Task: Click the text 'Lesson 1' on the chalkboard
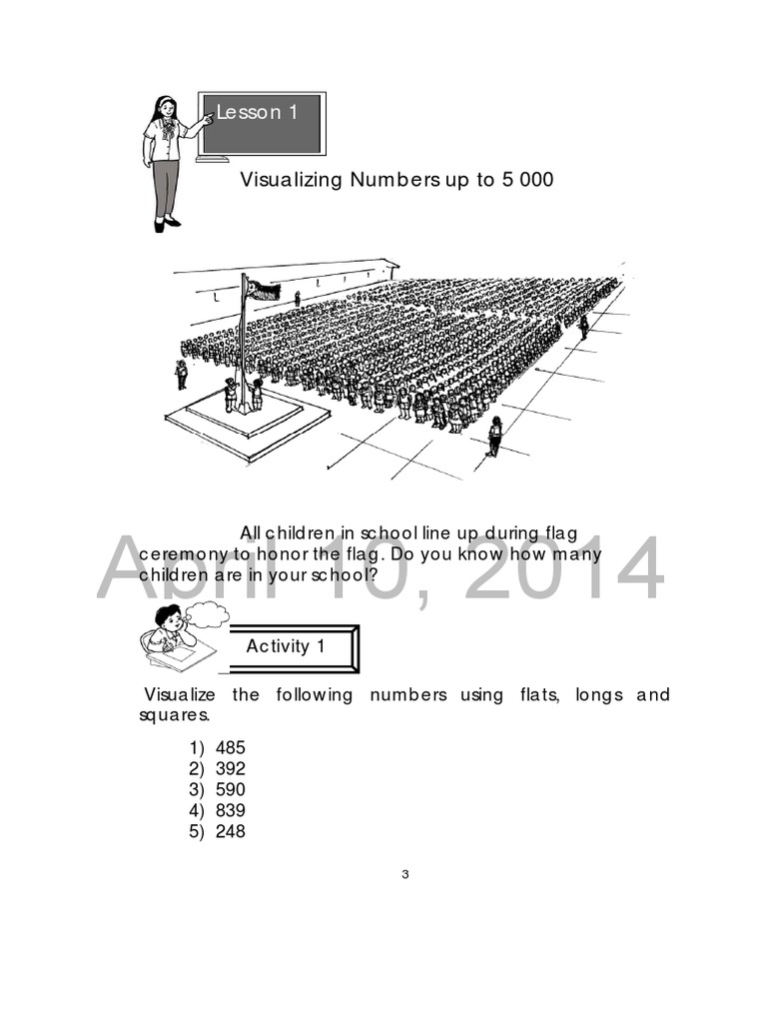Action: [258, 113]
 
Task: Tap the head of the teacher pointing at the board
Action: [165, 108]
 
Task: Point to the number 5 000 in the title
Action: [520, 180]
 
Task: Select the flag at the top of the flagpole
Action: [263, 290]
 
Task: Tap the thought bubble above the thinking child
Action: [207, 613]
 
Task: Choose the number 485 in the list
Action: [230, 747]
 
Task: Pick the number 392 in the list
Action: [230, 768]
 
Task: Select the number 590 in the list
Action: [230, 789]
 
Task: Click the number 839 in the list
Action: [230, 810]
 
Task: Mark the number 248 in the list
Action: [230, 831]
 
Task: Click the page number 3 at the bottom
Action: [405, 875]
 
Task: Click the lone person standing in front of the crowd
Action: [494, 436]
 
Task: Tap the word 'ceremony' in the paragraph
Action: [177, 553]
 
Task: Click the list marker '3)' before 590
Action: [196, 789]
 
